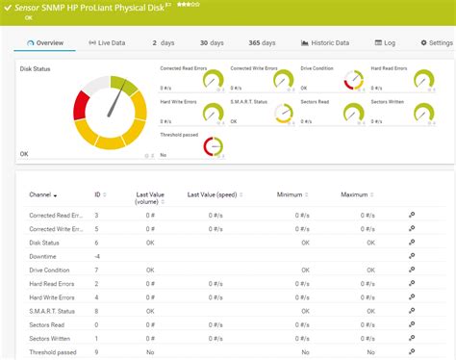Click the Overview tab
[46, 43]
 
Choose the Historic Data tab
[325, 43]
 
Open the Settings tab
[436, 43]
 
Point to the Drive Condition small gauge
[353, 80]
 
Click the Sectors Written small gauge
[423, 113]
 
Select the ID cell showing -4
[97, 256]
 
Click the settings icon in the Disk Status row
[412, 243]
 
